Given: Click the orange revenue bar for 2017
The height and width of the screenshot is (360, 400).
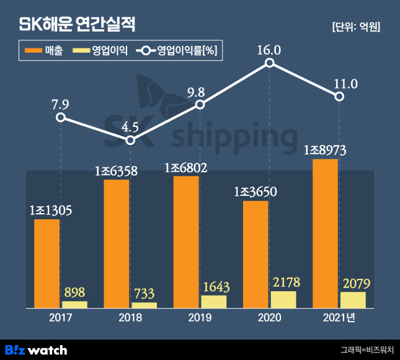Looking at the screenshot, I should click(x=47, y=263).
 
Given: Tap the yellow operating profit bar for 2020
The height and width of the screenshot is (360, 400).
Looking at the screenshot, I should click(x=283, y=299).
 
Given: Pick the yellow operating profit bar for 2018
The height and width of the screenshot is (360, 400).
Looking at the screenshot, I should click(x=144, y=305).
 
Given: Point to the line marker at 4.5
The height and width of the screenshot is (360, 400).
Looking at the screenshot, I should click(x=130, y=141).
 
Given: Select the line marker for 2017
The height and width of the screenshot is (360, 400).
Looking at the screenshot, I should click(x=60, y=117).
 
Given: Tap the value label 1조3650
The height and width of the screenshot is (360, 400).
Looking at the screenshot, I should click(x=255, y=191).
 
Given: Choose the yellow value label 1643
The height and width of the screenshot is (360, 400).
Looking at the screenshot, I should click(x=214, y=286).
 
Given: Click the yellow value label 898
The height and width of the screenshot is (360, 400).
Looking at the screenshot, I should click(x=74, y=292).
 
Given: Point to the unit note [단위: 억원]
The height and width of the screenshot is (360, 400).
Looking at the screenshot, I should click(x=355, y=27).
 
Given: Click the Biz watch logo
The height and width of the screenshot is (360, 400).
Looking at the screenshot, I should click(x=36, y=349).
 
